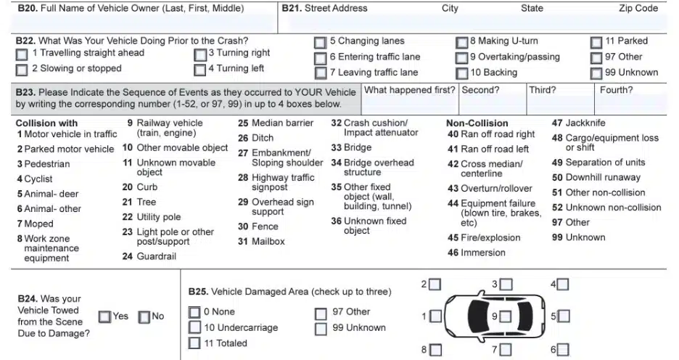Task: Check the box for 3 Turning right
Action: point(200,54)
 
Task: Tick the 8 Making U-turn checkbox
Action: point(461,43)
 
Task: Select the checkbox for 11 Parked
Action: point(596,43)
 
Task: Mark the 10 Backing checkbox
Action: point(461,73)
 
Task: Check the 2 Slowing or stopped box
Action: point(22,70)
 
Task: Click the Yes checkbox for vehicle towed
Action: point(104,316)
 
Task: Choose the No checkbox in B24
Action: point(144,316)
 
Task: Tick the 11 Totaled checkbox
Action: point(194,343)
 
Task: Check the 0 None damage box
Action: point(194,312)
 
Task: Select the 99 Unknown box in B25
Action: point(321,329)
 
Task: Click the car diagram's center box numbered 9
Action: point(505,316)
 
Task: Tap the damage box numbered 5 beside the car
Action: point(564,316)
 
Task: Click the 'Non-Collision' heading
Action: point(477,123)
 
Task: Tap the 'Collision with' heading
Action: point(46,123)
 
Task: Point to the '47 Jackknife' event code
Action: point(578,123)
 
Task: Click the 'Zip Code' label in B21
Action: point(638,9)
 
